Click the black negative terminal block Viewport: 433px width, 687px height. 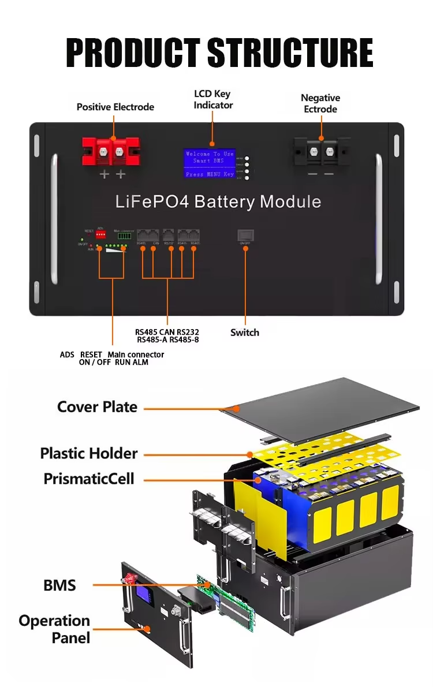click(x=320, y=152)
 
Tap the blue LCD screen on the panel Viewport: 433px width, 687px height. click(x=212, y=163)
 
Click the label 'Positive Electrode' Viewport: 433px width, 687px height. click(x=115, y=107)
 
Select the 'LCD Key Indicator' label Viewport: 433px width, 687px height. click(x=213, y=99)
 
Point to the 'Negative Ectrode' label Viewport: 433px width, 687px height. click(x=320, y=103)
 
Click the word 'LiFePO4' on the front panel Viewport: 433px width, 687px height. click(x=152, y=202)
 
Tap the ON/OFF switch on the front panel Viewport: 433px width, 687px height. click(x=245, y=235)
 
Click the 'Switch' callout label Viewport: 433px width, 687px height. click(x=245, y=333)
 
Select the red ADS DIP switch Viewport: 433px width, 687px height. click(x=101, y=236)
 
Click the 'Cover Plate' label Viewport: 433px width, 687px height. click(x=97, y=407)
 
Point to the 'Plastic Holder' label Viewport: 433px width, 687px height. click(x=89, y=453)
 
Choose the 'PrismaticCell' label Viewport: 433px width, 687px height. click(x=89, y=479)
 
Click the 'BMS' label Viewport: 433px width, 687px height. click(x=59, y=585)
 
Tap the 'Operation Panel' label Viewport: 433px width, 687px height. click(x=54, y=629)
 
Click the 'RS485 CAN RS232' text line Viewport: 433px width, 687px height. click(x=167, y=333)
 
